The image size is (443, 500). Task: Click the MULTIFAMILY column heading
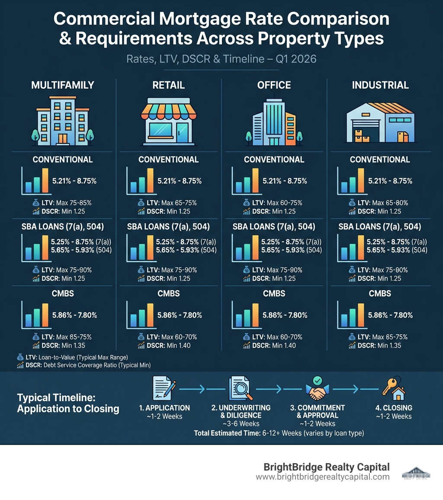(63, 85)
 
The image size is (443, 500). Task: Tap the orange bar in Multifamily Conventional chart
(45, 180)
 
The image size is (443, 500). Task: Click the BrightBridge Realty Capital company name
(326, 467)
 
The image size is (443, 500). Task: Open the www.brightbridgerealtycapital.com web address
(322, 477)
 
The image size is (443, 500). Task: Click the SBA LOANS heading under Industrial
(379, 227)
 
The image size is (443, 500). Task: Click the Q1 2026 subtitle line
(221, 59)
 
